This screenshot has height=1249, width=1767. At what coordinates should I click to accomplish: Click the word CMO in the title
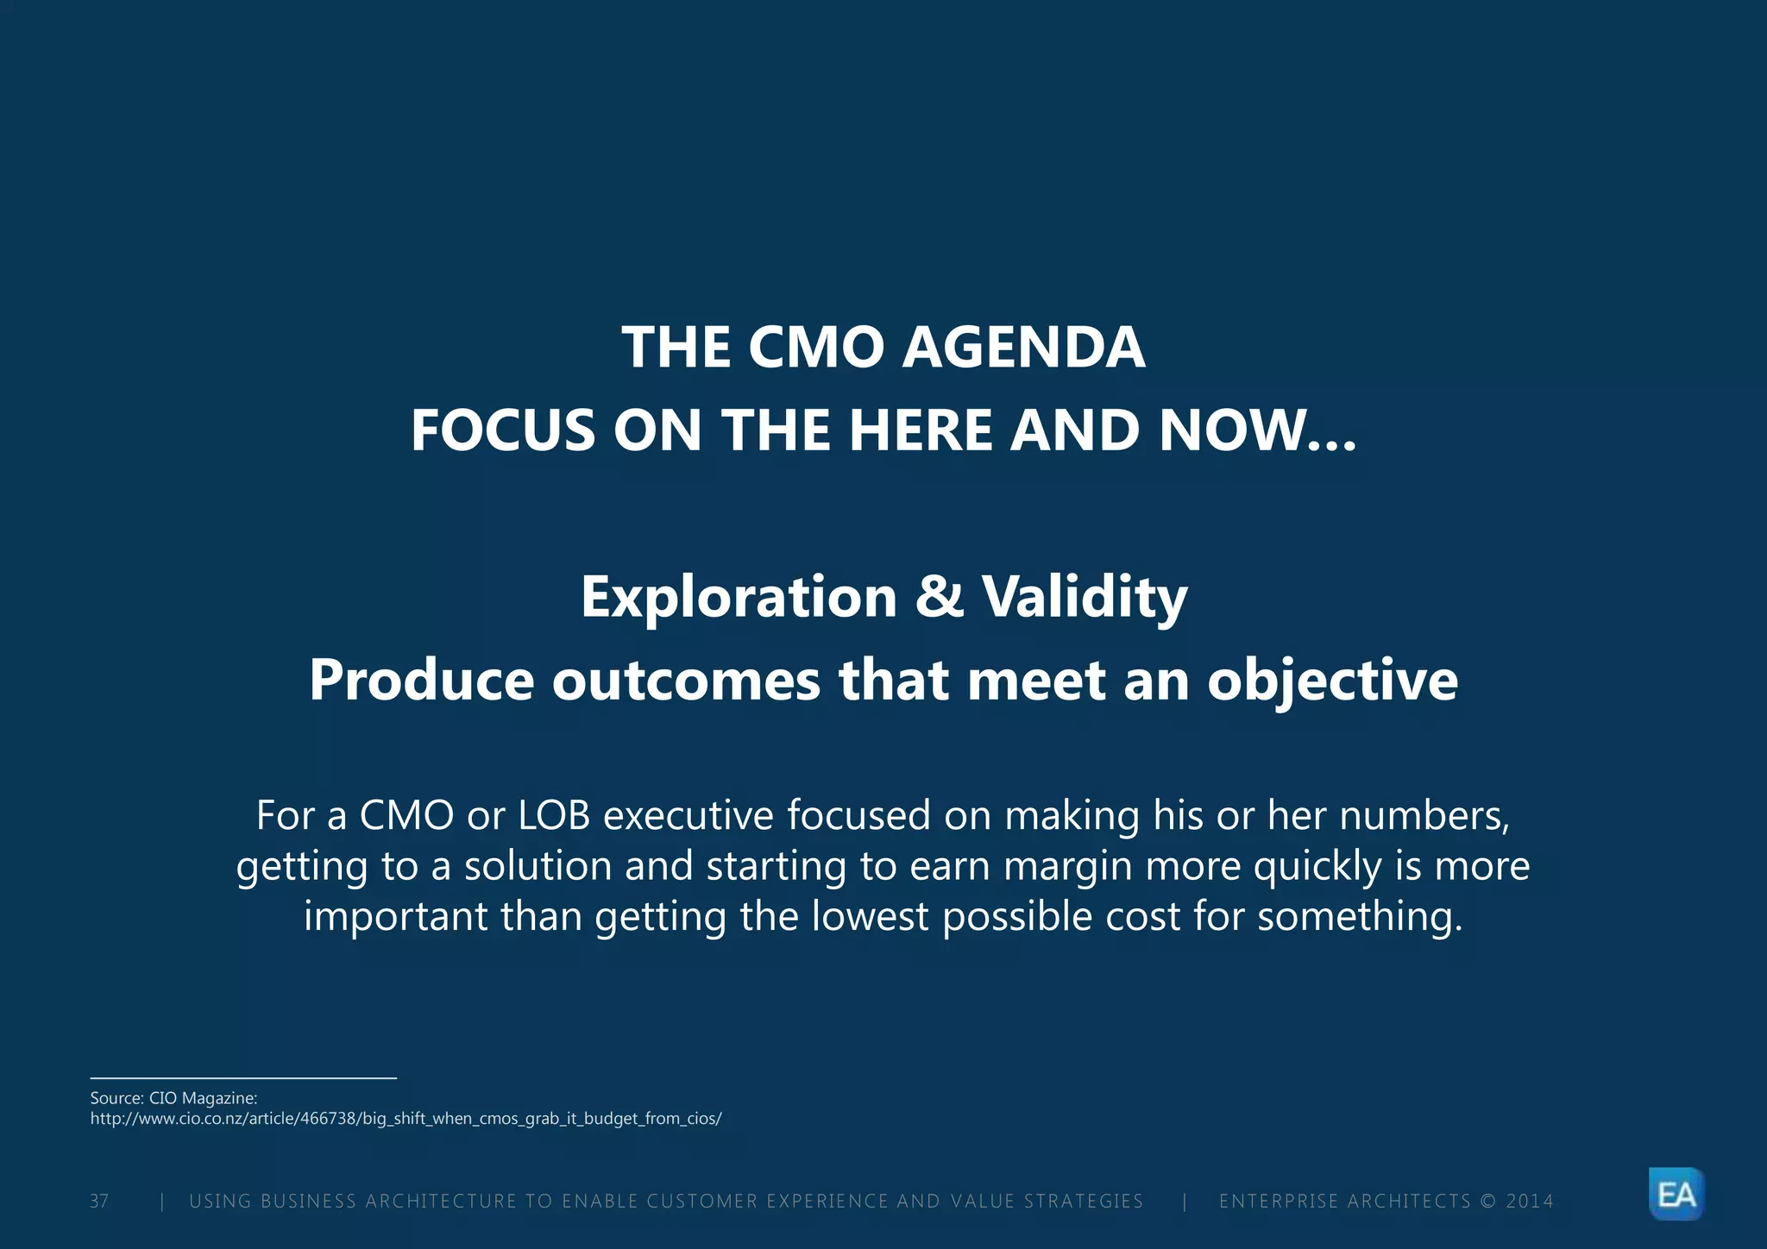pyautogui.click(x=815, y=348)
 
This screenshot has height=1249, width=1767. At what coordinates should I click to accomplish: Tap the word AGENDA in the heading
pyautogui.click(x=1024, y=348)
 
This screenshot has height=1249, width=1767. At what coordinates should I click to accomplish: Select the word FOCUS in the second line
pyautogui.click(x=502, y=430)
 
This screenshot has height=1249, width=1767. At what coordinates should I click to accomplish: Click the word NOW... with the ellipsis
pyautogui.click(x=1257, y=430)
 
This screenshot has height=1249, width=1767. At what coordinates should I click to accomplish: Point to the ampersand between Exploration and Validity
pyautogui.click(x=939, y=596)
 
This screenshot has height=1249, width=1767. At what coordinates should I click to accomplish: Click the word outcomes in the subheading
pyautogui.click(x=686, y=681)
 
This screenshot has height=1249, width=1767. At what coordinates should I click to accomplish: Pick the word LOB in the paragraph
pyautogui.click(x=554, y=816)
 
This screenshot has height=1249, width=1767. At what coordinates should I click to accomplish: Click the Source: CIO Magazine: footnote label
pyautogui.click(x=173, y=1098)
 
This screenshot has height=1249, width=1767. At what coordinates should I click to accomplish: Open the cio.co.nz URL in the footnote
pyautogui.click(x=406, y=1119)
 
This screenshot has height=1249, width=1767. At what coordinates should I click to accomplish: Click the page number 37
pyautogui.click(x=99, y=1201)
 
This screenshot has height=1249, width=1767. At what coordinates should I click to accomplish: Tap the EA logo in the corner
pyautogui.click(x=1676, y=1194)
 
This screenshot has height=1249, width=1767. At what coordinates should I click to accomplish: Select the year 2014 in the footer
pyautogui.click(x=1529, y=1201)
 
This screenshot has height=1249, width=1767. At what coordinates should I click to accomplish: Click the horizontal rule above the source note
pyautogui.click(x=243, y=1077)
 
